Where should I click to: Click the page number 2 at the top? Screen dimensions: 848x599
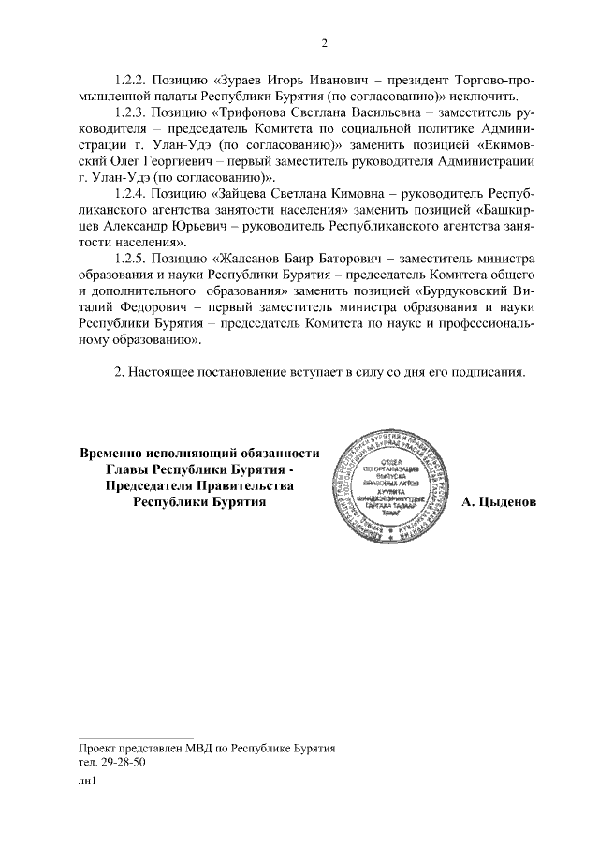coord(325,43)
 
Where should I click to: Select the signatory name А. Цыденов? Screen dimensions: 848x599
coord(500,503)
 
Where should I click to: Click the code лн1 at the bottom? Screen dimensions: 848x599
coord(88,783)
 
